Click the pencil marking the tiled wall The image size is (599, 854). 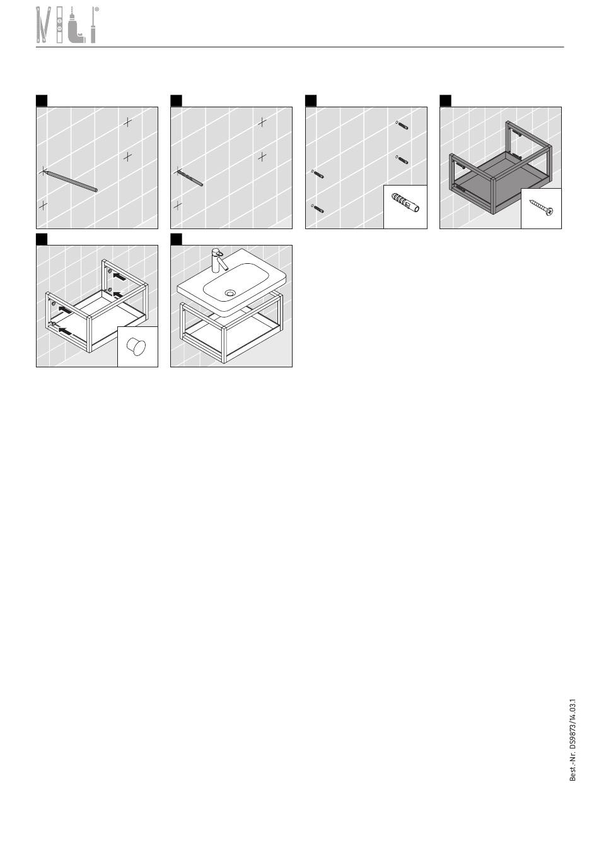71,181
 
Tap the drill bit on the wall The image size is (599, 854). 190,179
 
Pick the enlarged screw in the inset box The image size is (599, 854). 541,208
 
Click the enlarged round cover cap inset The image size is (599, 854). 136,347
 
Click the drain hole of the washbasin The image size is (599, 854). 230,293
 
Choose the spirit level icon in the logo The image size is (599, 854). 59,25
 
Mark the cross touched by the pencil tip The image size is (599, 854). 43,171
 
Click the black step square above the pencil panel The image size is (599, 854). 42,100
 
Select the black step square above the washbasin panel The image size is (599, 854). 176,239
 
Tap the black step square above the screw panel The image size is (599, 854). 445,100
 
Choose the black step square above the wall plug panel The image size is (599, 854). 311,100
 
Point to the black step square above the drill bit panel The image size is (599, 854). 176,100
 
